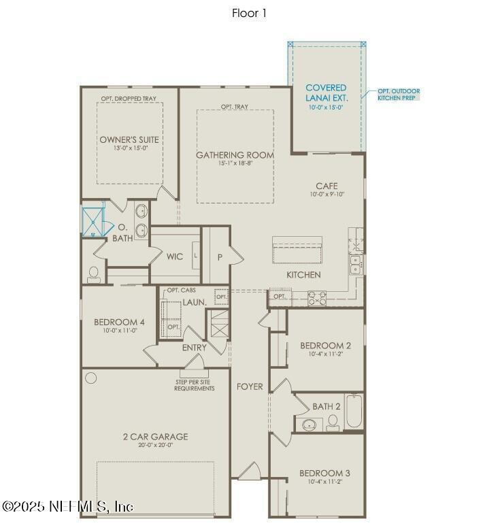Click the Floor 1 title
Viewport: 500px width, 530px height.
click(x=250, y=13)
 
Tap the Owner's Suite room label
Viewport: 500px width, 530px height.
click(x=129, y=139)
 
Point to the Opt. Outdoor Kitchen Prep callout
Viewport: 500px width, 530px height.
click(x=399, y=95)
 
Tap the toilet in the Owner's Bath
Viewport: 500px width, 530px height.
click(x=94, y=273)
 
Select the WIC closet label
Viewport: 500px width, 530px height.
click(x=175, y=256)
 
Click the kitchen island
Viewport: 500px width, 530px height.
click(x=297, y=251)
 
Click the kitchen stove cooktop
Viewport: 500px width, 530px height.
click(x=318, y=297)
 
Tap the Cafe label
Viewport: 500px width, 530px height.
click(x=327, y=186)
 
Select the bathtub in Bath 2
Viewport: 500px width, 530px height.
click(x=354, y=412)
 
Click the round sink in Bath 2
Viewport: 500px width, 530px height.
click(x=310, y=425)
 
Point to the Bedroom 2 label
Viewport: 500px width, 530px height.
click(x=325, y=346)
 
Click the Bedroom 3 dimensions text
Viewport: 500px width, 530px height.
click(x=325, y=482)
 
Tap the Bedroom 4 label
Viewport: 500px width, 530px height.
click(x=119, y=322)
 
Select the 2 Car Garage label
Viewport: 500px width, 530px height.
click(x=155, y=437)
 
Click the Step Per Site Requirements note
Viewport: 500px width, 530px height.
click(x=194, y=385)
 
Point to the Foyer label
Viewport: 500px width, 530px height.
click(x=250, y=386)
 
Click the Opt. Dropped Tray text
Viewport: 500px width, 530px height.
click(x=129, y=99)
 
